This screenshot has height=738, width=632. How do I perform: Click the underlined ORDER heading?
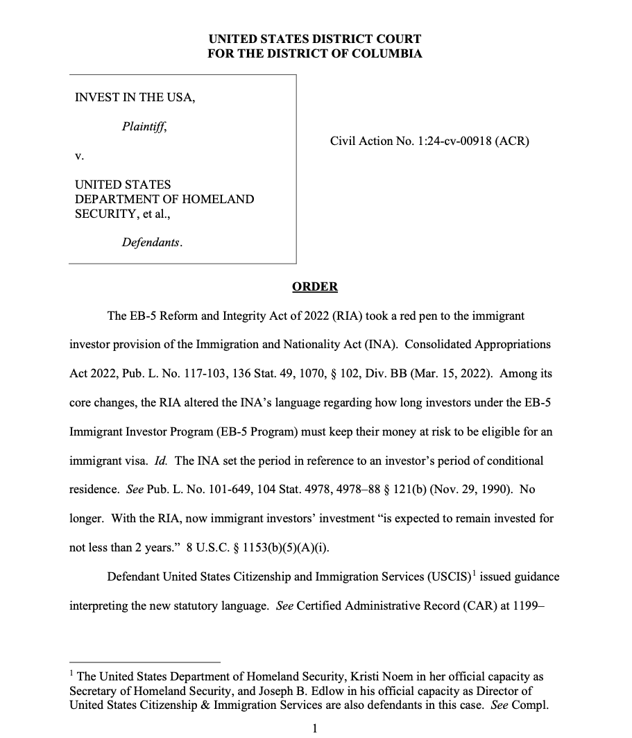click(314, 286)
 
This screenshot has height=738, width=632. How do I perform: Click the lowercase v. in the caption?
click(78, 156)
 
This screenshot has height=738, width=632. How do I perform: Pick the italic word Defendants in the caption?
click(152, 243)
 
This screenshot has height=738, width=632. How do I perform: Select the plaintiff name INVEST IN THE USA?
click(135, 97)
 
